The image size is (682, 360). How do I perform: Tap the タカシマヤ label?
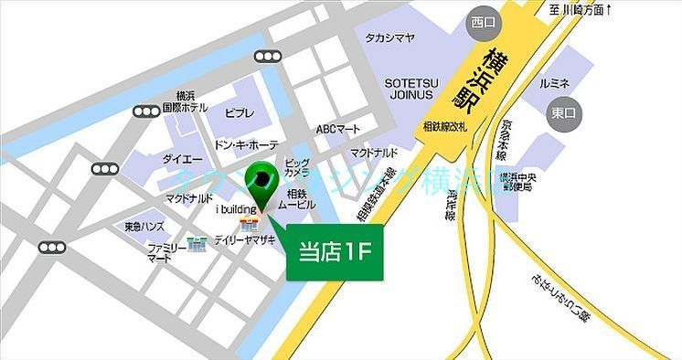tap(390, 37)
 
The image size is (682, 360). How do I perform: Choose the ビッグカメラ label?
tap(296, 165)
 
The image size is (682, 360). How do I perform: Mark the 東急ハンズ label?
tap(145, 226)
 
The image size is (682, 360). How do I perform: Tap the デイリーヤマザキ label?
tap(245, 239)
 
